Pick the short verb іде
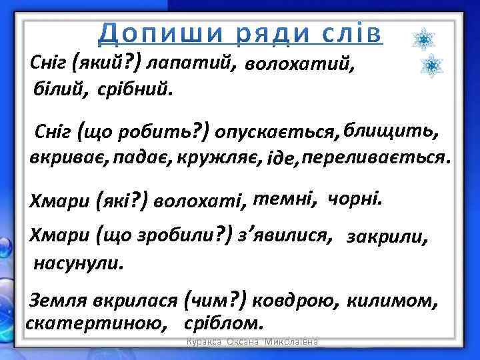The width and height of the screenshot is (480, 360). tap(282, 160)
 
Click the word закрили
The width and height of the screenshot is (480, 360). tap(387, 237)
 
